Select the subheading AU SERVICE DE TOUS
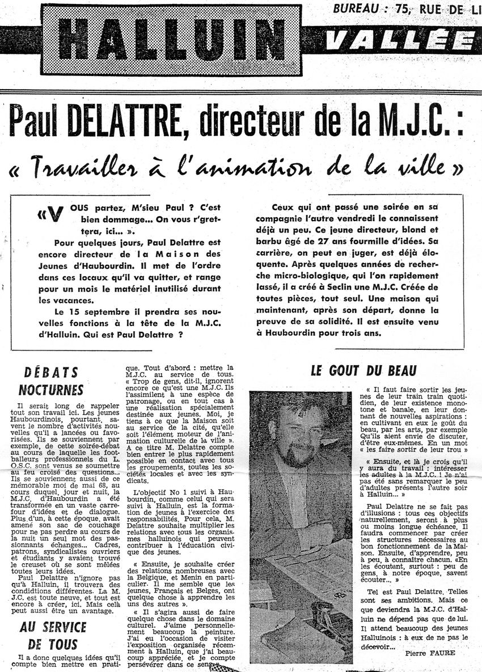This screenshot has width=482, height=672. pyautogui.click(x=53, y=635)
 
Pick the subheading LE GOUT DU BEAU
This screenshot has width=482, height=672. pyautogui.click(x=363, y=371)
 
